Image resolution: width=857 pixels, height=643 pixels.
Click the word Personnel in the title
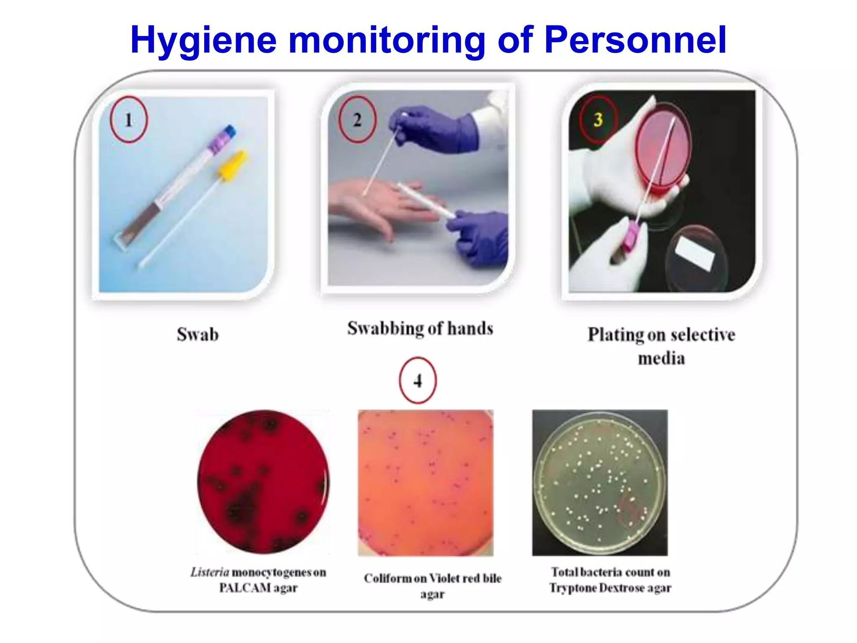635,40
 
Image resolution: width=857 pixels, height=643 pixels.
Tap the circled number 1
128,120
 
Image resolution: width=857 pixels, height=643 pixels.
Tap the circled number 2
357,120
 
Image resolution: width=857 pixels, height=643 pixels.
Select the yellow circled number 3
598,120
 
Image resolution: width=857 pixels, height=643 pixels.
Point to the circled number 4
418,381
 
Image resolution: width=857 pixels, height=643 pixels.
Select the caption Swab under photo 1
198,334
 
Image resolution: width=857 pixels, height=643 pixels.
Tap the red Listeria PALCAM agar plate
263,482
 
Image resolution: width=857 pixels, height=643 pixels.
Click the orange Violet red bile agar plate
426,483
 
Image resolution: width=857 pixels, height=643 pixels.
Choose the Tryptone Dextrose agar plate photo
600,483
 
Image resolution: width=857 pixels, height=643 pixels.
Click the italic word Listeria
210,572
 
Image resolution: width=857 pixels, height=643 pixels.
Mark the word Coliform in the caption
388,578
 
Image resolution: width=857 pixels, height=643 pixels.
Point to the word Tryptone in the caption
573,588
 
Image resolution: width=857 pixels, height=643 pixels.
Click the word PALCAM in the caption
245,588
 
